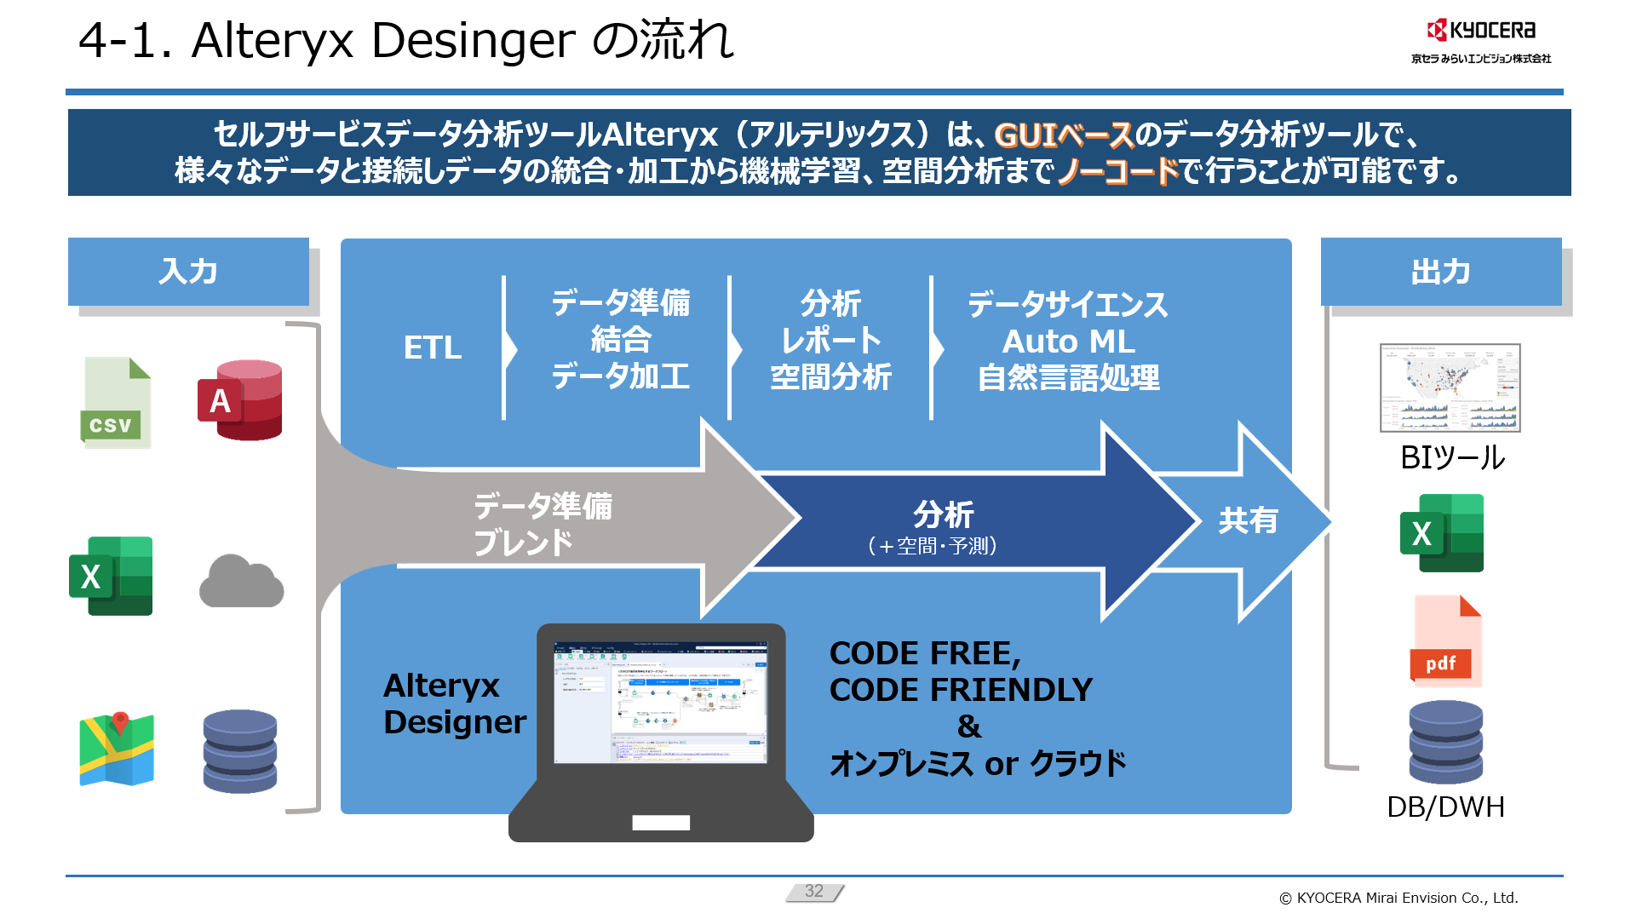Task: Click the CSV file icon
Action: coord(116,402)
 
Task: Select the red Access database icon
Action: coord(240,399)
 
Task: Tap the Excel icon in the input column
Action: coord(111,576)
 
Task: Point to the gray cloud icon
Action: coord(241,582)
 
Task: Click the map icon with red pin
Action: coord(117,749)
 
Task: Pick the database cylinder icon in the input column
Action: coord(240,751)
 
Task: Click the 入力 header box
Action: coord(188,272)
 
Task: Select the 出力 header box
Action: coord(1440,272)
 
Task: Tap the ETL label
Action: coord(433,347)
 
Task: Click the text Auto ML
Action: coord(1068,342)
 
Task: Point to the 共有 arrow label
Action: coord(1248,520)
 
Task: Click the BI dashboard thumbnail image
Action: coord(1450,388)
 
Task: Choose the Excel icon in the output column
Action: coord(1441,533)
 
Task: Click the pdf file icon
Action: coord(1446,640)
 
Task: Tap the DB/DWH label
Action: coord(1445,807)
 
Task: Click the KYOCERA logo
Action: coord(1481,31)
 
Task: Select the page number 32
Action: coord(814,891)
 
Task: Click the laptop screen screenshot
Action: coord(661,702)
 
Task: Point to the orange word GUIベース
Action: coord(1064,135)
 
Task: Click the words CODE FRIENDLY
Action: coord(961,690)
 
